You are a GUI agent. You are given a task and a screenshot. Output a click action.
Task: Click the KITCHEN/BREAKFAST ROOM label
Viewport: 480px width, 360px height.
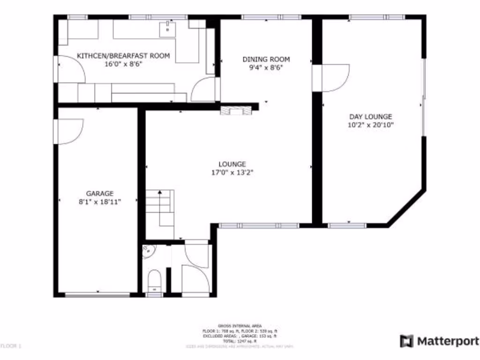click(123, 56)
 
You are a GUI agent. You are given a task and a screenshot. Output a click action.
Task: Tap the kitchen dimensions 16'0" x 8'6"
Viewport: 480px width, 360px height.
click(123, 64)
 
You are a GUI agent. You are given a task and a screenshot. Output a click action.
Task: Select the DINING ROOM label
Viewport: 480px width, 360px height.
click(266, 59)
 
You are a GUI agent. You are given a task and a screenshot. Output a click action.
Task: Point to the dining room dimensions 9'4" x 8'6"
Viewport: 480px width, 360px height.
click(266, 67)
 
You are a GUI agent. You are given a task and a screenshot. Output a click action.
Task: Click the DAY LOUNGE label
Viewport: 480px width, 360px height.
click(370, 117)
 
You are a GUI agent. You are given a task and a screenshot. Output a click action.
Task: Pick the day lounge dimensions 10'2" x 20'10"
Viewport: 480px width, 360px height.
click(370, 125)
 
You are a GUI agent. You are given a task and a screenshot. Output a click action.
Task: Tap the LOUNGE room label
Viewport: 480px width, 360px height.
click(232, 164)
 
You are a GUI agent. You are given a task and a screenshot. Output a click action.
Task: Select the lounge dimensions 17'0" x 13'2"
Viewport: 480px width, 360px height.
click(232, 172)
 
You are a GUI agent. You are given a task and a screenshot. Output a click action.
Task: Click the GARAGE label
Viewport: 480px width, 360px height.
click(99, 193)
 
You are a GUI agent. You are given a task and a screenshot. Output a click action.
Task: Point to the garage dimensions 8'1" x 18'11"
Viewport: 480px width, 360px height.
click(99, 202)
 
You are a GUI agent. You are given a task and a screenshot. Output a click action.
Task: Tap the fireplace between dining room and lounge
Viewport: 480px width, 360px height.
click(233, 111)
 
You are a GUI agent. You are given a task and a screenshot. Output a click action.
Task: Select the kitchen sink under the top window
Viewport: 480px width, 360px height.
click(167, 29)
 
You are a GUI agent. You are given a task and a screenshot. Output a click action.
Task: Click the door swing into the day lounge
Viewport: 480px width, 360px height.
click(334, 77)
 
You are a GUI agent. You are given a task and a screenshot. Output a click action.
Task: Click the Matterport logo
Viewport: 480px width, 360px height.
click(439, 341)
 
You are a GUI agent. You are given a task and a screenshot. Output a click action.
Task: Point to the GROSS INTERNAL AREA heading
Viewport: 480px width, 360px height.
click(240, 326)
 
